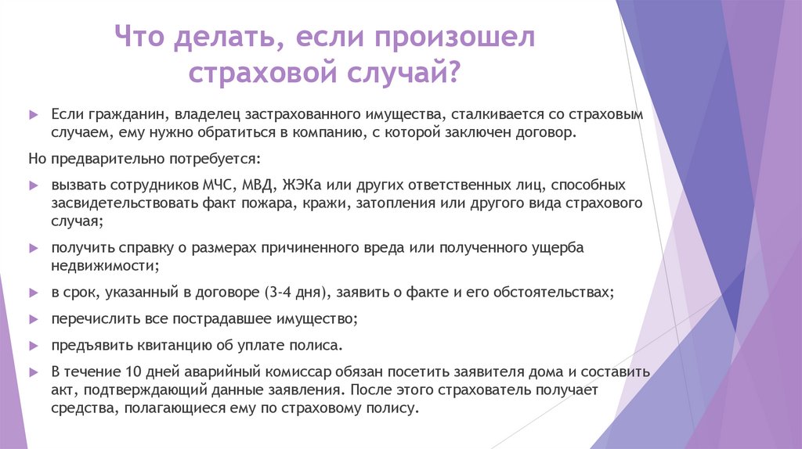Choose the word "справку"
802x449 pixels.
click(x=144, y=248)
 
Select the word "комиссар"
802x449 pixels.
click(x=283, y=371)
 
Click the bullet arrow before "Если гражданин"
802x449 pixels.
click(x=33, y=114)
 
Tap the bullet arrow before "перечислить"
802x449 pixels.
click(x=33, y=319)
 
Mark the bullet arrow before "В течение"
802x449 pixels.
click(x=33, y=371)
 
